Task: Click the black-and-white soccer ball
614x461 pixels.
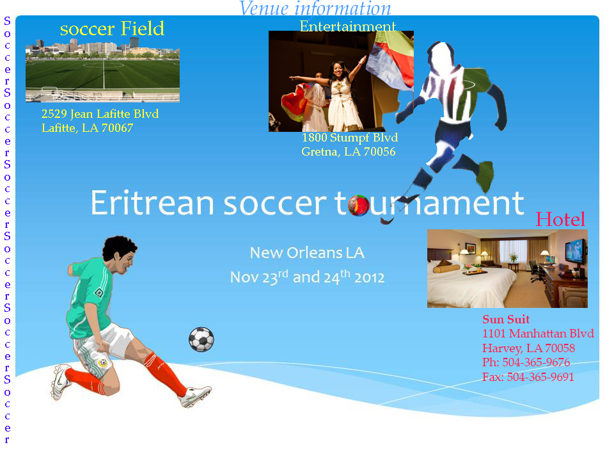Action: point(201,339)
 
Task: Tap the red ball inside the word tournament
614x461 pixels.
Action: point(358,205)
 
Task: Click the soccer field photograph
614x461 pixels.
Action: point(102,70)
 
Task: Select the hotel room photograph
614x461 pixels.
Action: point(507,268)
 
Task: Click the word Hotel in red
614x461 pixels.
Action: point(560,219)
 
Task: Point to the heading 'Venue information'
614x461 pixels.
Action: point(315,8)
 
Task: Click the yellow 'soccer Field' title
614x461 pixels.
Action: point(112,28)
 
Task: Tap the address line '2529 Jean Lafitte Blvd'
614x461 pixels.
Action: point(100,114)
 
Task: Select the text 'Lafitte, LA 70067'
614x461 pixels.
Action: point(88,128)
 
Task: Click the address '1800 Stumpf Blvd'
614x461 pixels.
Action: point(350,138)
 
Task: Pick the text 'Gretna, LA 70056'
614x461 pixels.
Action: point(349,151)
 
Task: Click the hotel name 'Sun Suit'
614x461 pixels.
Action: point(505,319)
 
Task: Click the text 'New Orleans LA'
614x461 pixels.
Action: point(307,253)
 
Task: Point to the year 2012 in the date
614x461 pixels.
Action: point(369,277)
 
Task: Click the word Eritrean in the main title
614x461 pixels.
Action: point(152,203)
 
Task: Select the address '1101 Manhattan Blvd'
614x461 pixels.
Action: point(538,333)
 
